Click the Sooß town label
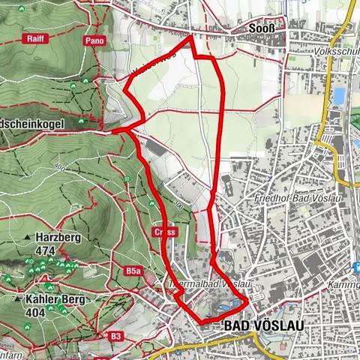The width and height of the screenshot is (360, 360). click(x=264, y=29)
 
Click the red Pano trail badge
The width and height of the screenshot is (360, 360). click(x=94, y=39)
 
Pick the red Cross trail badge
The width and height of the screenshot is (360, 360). click(x=166, y=232)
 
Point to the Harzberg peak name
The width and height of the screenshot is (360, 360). click(x=61, y=238)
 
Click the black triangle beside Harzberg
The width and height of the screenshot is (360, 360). click(x=28, y=238)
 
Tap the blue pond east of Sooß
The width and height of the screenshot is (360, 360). click(x=339, y=96)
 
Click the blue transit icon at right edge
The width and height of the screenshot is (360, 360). click(x=357, y=267)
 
